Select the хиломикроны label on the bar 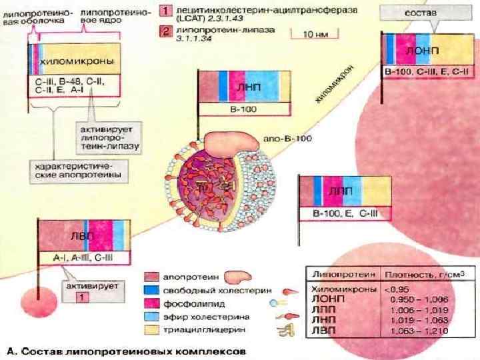tap(77, 61)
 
